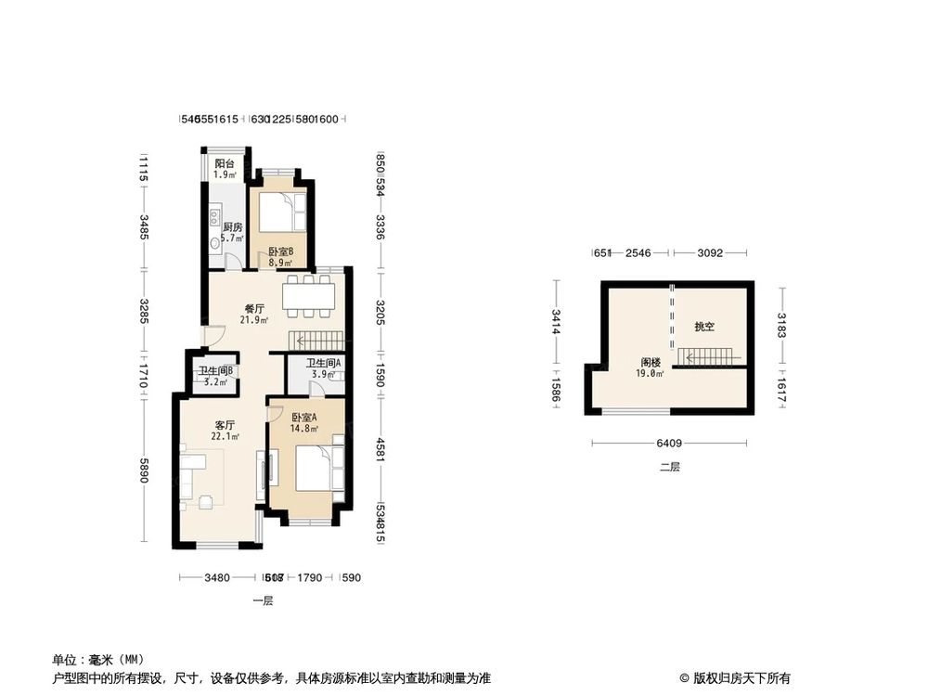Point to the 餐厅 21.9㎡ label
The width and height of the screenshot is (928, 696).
point(255,315)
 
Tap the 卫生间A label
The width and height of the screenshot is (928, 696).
point(325,368)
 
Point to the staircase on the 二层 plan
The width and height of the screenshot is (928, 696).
point(707,357)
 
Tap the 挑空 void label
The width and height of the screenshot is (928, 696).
point(704,328)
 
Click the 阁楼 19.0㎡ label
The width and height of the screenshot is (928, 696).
point(651,367)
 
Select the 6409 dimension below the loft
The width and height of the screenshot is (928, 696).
point(670,443)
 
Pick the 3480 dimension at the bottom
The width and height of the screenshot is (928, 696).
point(216,577)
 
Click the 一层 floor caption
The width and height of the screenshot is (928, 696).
point(263,601)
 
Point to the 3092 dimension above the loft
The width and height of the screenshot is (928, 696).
point(709,251)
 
